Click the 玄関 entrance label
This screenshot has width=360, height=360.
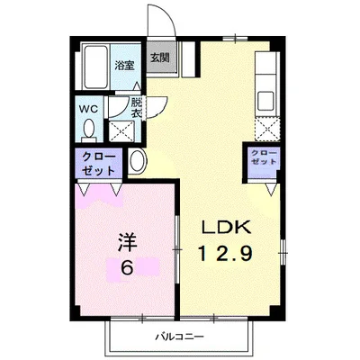coord(159,58)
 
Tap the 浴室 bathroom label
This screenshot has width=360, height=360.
coord(124,66)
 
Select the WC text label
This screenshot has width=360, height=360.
coord(88,109)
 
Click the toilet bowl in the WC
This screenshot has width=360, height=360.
coord(89,130)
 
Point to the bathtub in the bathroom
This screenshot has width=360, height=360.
coord(95,67)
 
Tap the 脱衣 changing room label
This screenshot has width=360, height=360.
coord(136,108)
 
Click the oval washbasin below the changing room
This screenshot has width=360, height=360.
coord(138,161)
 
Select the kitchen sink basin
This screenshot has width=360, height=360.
coord(265,101)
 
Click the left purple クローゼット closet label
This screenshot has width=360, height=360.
coord(99,164)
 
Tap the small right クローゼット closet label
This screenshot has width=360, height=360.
coord(264,157)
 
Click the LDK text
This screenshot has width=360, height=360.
coord(227,227)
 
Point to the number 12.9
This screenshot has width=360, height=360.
coord(225,254)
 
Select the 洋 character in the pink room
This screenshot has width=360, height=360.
coord(127,242)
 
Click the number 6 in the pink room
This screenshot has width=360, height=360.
coord(127,267)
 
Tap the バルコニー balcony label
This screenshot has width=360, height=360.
coord(179,337)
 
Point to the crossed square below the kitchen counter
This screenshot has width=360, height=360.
coord(267,130)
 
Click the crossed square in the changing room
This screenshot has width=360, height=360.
coord(121,131)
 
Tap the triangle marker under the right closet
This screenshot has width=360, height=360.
coord(271,190)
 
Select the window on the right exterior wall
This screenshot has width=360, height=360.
coord(283,253)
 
